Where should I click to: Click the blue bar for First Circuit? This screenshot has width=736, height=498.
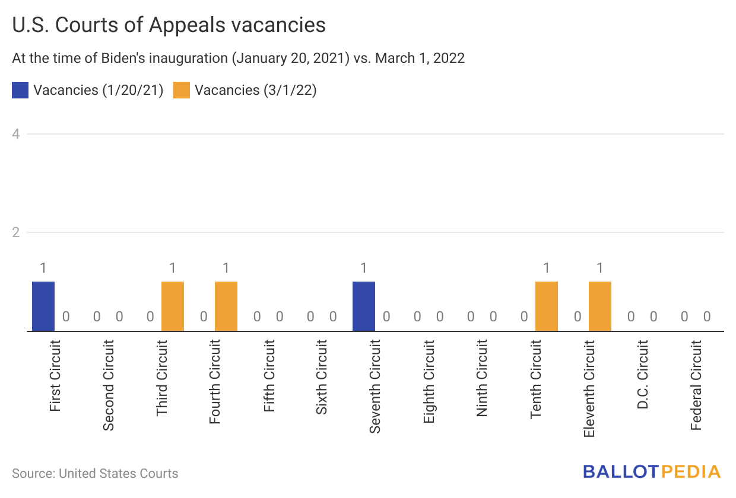point(43,306)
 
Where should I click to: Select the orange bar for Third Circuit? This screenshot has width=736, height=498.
point(173,306)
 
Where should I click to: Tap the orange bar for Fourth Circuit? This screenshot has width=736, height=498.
point(226,306)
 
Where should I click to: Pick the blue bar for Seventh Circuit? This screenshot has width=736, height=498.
point(364,306)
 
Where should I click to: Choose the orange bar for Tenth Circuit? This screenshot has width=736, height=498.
point(547,306)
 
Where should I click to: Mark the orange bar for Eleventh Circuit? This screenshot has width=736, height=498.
point(600,306)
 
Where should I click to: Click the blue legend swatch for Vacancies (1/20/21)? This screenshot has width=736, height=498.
point(20,90)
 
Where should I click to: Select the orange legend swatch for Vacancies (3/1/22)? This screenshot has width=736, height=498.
point(182,90)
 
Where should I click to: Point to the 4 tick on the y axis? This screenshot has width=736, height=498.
point(17,134)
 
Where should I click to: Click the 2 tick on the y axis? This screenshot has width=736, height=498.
point(17,232)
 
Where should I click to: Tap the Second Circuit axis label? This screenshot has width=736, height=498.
point(109,385)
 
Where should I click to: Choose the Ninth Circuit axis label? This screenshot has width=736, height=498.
point(482,378)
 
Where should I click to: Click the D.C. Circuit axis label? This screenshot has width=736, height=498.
point(642,375)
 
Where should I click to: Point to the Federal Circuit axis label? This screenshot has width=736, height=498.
point(696,385)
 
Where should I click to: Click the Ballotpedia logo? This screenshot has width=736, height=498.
point(651,472)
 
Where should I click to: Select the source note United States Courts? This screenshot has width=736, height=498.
point(118,474)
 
